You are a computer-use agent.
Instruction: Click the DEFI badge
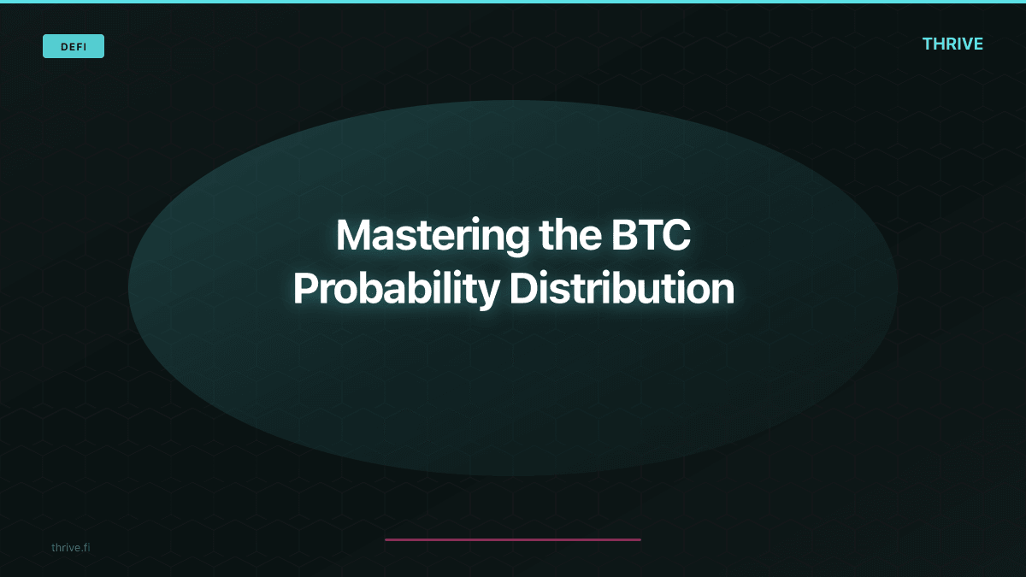point(74,46)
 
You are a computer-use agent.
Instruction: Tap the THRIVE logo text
point(952,44)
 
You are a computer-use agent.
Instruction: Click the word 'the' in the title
point(568,235)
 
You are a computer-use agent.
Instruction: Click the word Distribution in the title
point(622,289)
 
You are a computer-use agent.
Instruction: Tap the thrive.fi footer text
point(70,547)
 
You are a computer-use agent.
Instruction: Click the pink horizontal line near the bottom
point(513,539)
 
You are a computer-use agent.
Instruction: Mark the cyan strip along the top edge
point(513,2)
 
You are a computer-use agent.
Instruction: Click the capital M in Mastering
point(354,235)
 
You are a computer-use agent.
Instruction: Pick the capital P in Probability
point(305,289)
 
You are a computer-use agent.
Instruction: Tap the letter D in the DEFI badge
point(64,46)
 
